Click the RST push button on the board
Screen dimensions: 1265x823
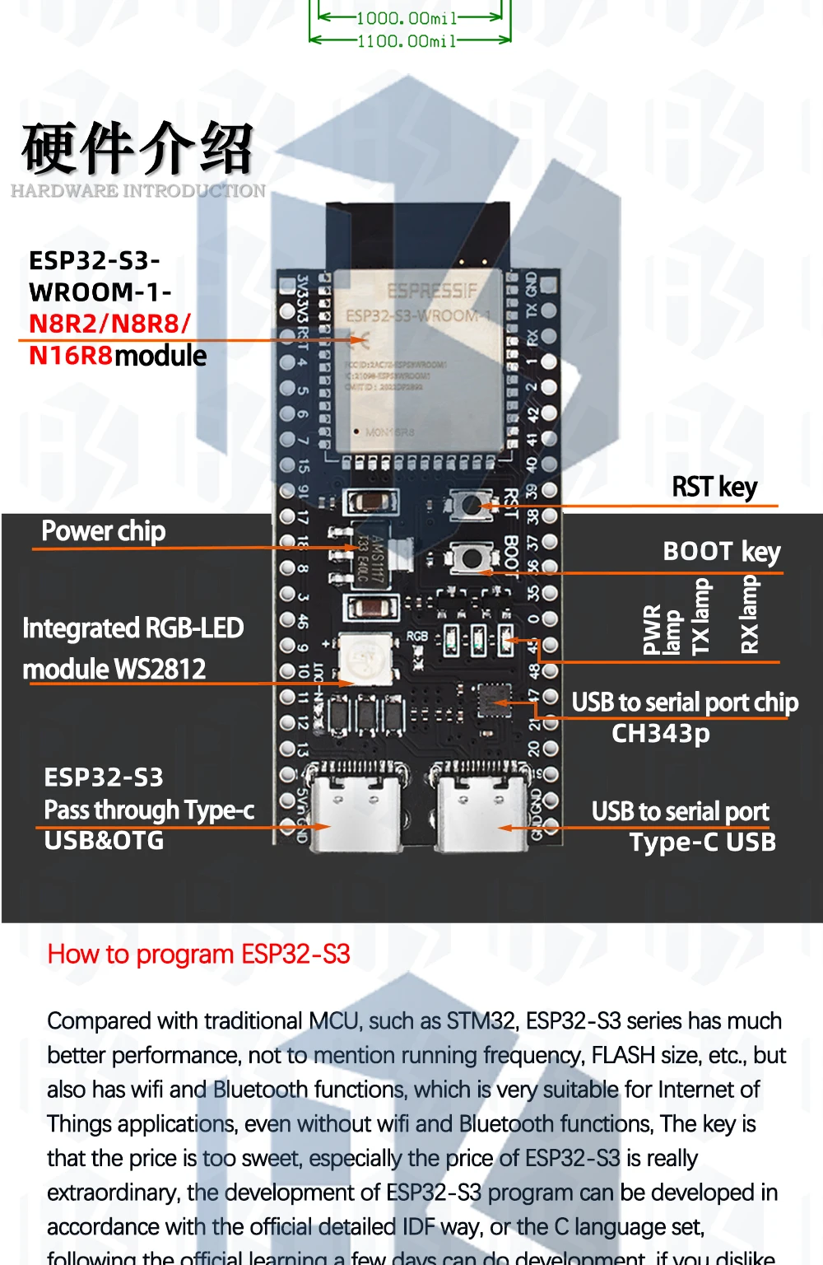pos(471,505)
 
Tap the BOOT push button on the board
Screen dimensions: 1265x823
pos(471,558)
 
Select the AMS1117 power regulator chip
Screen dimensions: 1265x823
pos(375,558)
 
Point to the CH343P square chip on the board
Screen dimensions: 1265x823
pos(494,703)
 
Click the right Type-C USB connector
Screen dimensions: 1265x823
pos(481,810)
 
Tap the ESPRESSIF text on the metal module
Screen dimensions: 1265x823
pos(431,291)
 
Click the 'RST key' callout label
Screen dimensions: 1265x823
pos(714,487)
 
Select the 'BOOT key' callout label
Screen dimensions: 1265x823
pos(722,551)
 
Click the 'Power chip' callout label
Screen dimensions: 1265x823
pos(104,531)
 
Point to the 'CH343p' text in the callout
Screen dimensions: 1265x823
pos(661,733)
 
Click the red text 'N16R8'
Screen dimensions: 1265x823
pos(71,356)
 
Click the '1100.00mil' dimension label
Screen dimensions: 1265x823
pos(407,40)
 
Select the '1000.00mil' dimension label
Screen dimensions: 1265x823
pos(407,18)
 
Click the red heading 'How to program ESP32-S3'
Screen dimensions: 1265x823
pos(199,954)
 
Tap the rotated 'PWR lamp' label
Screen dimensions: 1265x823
pos(662,630)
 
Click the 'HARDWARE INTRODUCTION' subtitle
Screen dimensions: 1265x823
pos(138,191)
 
